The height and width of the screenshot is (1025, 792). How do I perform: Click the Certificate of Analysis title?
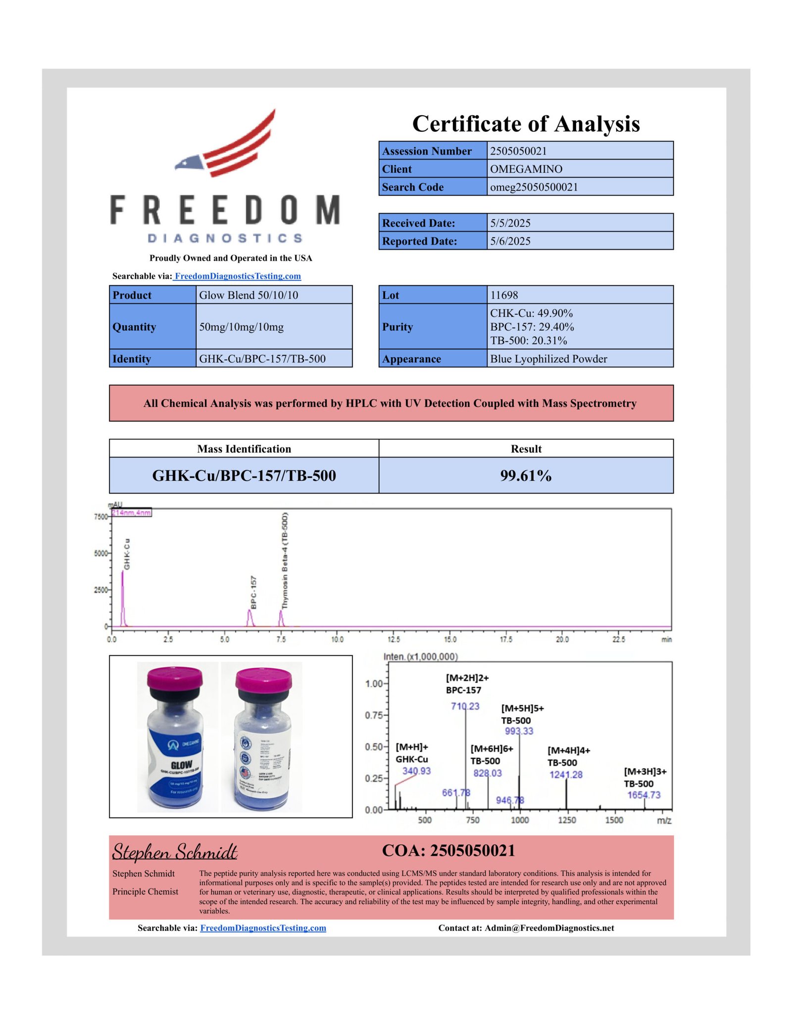(x=526, y=124)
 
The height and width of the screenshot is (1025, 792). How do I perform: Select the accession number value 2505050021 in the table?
(x=518, y=151)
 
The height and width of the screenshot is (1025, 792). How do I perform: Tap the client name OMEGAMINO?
(x=526, y=169)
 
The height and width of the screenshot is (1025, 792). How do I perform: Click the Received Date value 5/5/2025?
(x=510, y=223)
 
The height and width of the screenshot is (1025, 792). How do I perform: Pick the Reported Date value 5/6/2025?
(x=510, y=242)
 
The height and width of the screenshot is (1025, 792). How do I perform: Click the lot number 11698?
(x=504, y=295)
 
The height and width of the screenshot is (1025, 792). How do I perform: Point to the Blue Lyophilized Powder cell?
(x=548, y=359)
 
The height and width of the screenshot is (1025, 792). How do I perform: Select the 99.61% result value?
(x=526, y=476)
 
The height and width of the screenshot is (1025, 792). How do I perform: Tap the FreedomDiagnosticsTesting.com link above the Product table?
(x=238, y=276)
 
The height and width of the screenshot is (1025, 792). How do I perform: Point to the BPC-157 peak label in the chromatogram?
(x=253, y=592)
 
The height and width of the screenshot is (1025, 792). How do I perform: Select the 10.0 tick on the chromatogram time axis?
(x=337, y=639)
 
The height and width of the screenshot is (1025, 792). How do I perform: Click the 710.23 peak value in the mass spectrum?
(x=465, y=706)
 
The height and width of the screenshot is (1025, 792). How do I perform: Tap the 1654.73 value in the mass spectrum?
(x=643, y=795)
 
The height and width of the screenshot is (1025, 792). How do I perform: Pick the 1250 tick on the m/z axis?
(x=567, y=820)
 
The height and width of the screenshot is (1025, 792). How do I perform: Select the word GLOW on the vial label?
(x=181, y=765)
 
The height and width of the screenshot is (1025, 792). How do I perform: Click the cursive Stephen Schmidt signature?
(x=175, y=851)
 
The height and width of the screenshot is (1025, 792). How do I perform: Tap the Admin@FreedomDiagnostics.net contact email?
(x=549, y=928)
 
